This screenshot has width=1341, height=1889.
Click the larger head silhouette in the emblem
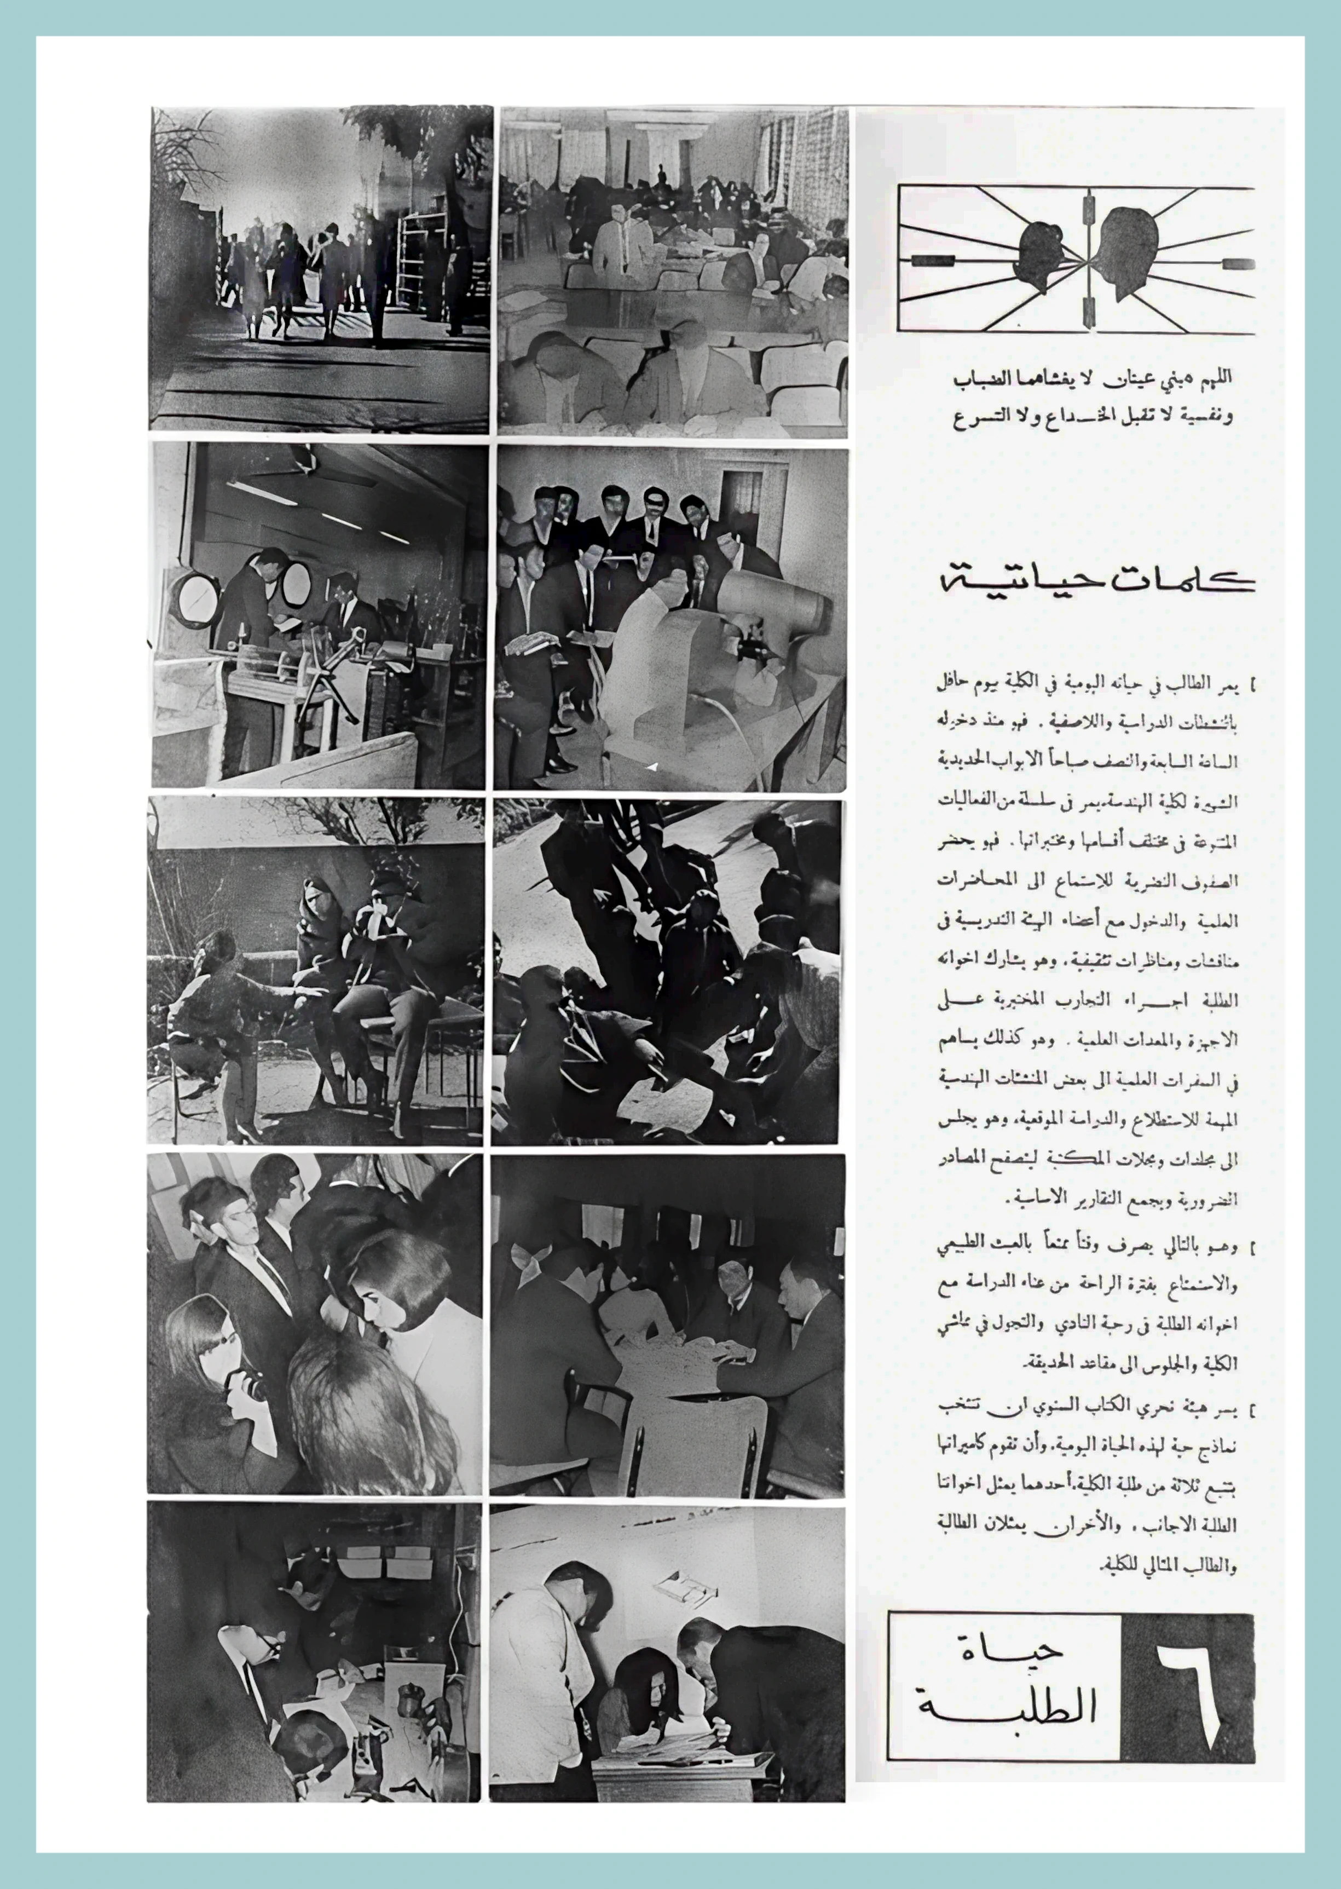[x=1126, y=252]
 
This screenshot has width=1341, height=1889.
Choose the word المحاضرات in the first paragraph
[x=971, y=880]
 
